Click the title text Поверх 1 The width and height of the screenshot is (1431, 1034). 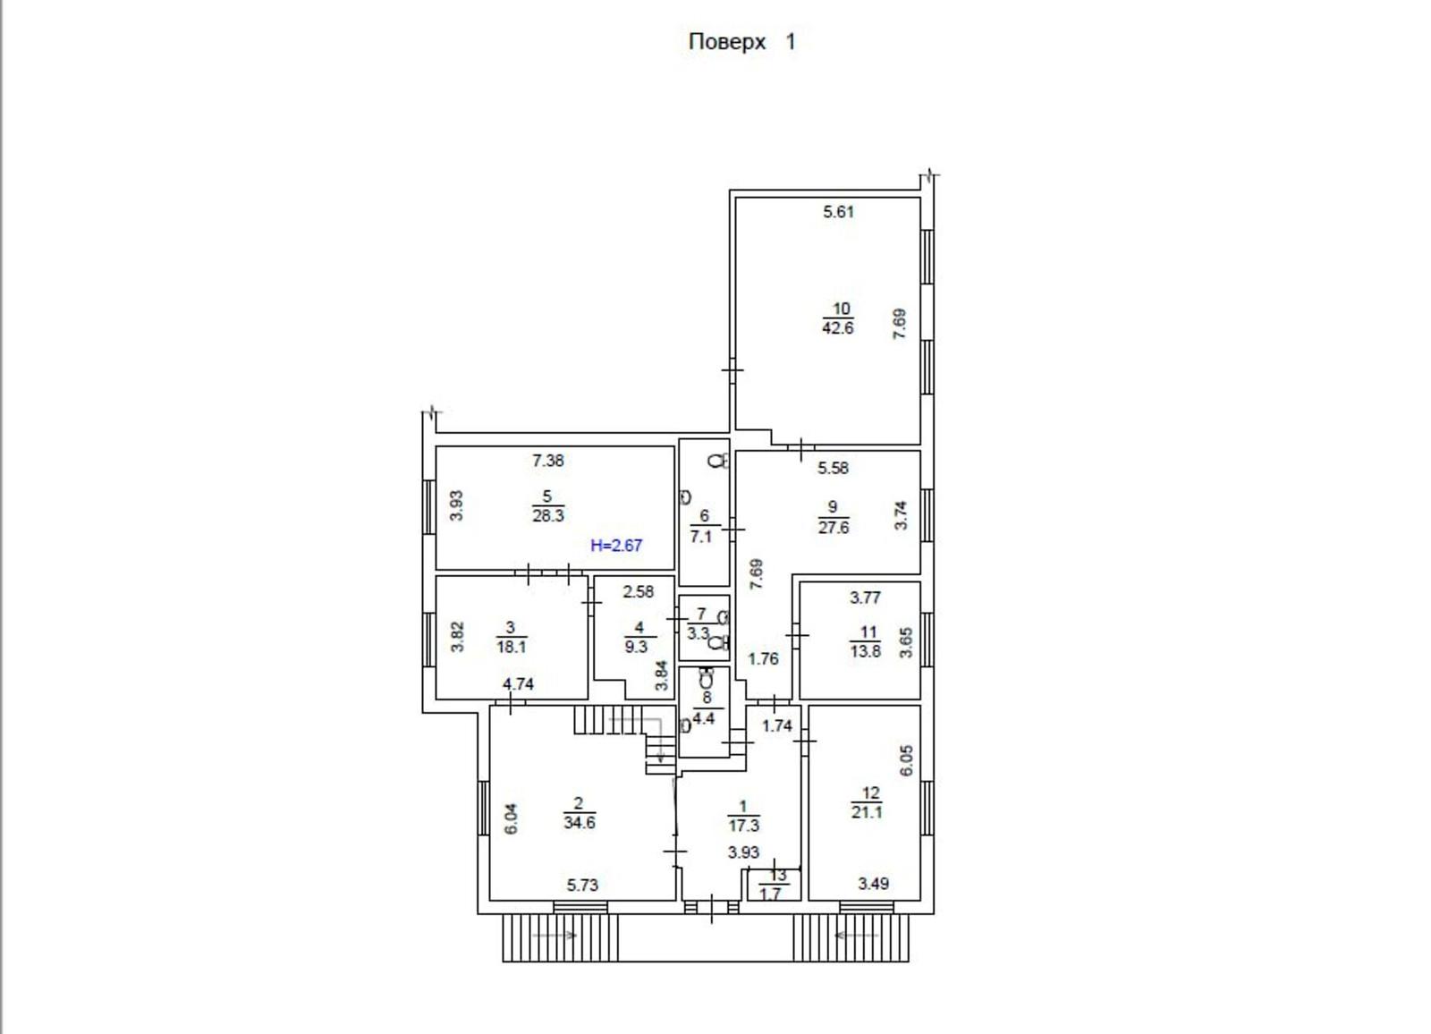pyautogui.click(x=741, y=42)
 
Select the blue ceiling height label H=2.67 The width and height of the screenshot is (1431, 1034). pyautogui.click(x=616, y=546)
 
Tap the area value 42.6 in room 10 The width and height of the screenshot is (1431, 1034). pyautogui.click(x=837, y=328)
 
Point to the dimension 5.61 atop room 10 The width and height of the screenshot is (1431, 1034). pyautogui.click(x=838, y=212)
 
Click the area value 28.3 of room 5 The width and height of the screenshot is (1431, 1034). pyautogui.click(x=548, y=516)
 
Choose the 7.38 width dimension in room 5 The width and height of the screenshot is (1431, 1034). pyautogui.click(x=548, y=461)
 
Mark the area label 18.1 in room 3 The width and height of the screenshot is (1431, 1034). pyautogui.click(x=512, y=647)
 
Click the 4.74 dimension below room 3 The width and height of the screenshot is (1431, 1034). pyautogui.click(x=518, y=684)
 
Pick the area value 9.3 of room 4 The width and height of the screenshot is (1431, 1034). pyautogui.click(x=636, y=647)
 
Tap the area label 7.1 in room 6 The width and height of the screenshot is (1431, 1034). pyautogui.click(x=701, y=537)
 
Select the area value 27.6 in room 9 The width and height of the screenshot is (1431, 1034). pyautogui.click(x=833, y=528)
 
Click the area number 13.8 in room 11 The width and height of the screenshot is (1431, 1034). pyautogui.click(x=866, y=652)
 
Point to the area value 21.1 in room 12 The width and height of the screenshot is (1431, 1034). pyautogui.click(x=867, y=812)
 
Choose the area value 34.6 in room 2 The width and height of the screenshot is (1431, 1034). pyautogui.click(x=580, y=823)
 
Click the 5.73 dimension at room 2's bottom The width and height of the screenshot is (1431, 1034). pyautogui.click(x=582, y=886)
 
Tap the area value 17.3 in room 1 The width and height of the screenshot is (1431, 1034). pyautogui.click(x=743, y=826)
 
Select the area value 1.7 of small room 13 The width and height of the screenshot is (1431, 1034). pyautogui.click(x=771, y=893)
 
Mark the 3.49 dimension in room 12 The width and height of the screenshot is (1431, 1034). pyautogui.click(x=873, y=884)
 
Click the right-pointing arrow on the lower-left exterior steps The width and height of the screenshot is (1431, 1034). pyautogui.click(x=555, y=935)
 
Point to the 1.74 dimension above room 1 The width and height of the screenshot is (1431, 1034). pyautogui.click(x=777, y=726)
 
